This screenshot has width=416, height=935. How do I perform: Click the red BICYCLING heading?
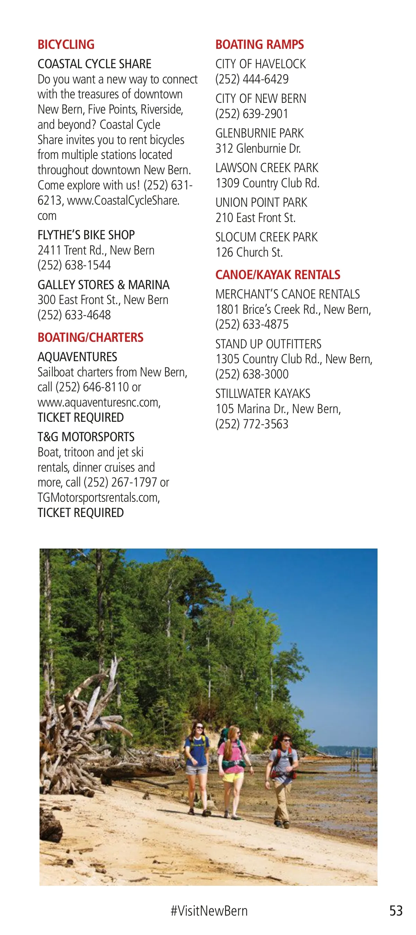click(66, 45)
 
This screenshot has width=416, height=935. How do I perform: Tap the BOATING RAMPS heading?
click(259, 45)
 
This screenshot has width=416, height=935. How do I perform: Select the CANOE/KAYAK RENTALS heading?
click(278, 275)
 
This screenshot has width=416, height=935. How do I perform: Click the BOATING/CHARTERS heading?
click(90, 338)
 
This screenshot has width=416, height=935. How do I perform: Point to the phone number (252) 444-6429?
click(252, 79)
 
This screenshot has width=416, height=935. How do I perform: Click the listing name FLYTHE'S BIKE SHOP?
click(86, 235)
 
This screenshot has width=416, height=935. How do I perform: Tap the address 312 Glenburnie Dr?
click(258, 149)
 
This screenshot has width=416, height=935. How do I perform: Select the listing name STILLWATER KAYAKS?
click(263, 393)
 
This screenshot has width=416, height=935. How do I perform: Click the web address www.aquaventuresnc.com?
click(99, 402)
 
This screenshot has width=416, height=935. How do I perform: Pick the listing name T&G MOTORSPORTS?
click(86, 437)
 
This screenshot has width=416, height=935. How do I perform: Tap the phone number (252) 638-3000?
click(252, 374)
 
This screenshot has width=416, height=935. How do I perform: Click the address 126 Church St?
click(249, 252)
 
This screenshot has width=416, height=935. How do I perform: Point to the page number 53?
click(396, 910)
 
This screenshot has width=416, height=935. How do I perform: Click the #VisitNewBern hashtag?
click(209, 910)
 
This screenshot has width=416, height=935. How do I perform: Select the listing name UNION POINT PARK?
click(261, 203)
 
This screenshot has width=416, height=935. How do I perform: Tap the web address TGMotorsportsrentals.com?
click(98, 498)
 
